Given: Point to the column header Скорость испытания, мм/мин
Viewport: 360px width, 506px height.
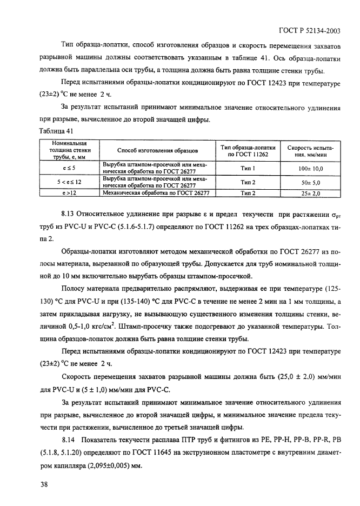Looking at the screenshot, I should [310, 150].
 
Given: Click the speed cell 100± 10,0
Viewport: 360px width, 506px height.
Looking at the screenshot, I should [310, 169].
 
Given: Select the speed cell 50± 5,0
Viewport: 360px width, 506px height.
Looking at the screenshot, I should [310, 183].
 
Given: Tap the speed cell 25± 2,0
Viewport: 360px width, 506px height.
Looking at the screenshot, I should [310, 192].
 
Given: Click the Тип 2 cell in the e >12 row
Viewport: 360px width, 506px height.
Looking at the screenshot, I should [248, 192].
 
